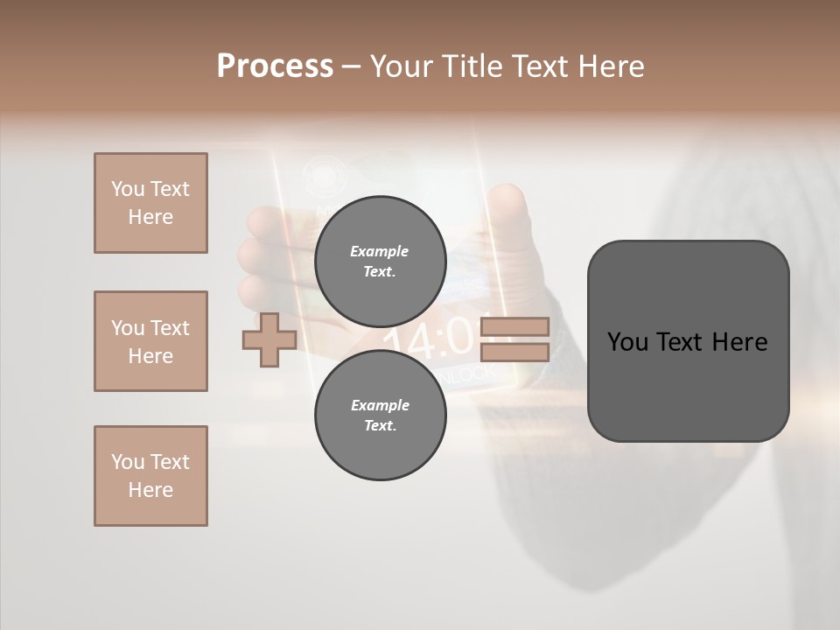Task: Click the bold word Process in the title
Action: coord(275,66)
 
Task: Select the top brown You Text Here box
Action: coord(150,203)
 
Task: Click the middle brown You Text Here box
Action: coord(150,341)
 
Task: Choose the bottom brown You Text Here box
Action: coord(150,476)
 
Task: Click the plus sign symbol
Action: coord(269,340)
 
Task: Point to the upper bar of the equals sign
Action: coord(514,327)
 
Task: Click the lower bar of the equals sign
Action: coord(514,352)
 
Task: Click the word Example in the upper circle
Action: coord(380,251)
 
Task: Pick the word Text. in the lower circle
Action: coord(380,426)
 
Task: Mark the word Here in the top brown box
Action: coord(150,217)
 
